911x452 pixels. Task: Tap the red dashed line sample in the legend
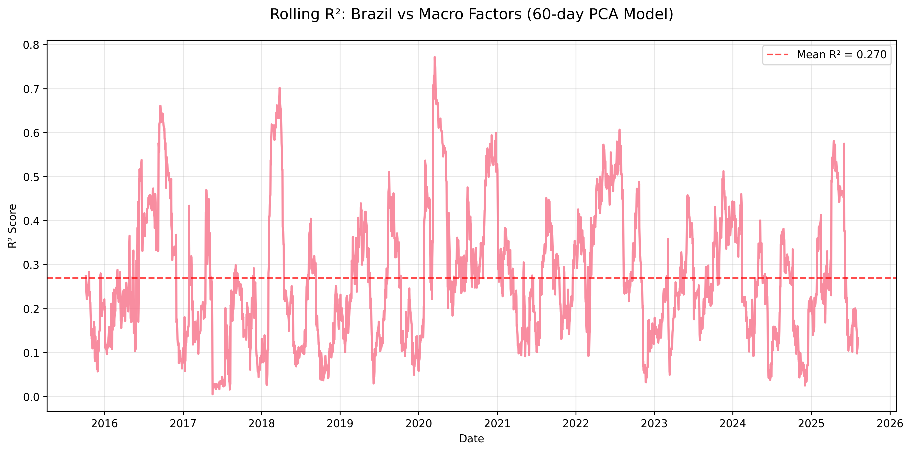778,55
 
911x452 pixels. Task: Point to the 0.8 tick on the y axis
31,45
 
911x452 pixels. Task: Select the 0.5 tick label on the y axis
31,177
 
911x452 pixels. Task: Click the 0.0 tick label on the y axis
31,397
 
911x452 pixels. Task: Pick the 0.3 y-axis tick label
31,265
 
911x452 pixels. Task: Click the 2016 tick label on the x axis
104,423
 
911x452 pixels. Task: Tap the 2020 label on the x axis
418,423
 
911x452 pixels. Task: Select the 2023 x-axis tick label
654,423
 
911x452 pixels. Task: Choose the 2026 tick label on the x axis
890,423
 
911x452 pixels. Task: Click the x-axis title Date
471,438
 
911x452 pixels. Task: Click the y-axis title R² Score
12,226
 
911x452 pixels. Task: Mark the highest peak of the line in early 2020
435,57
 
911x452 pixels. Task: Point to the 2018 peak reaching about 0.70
279,88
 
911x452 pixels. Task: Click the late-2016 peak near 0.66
160,106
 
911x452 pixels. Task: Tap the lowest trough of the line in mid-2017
213,394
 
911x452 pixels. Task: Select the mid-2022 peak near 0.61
620,130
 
